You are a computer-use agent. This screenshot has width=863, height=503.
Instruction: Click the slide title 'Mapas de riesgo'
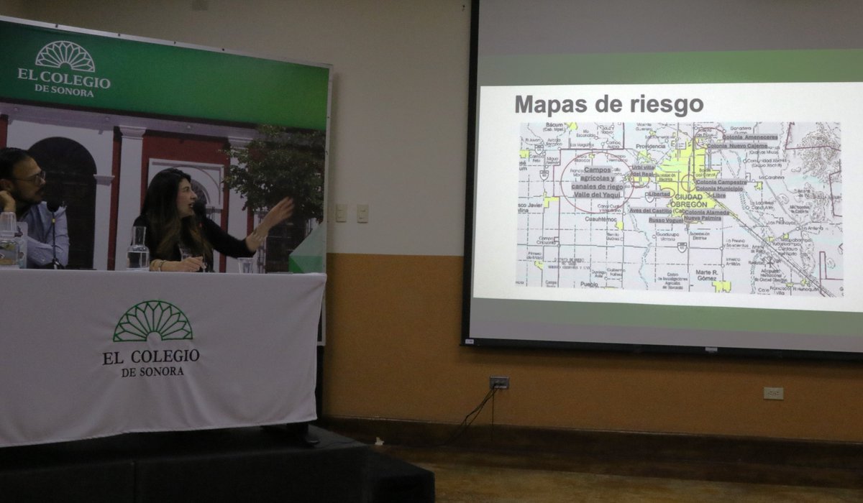[x=608, y=105]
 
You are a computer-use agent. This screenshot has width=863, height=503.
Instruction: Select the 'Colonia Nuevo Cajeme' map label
[x=736, y=146]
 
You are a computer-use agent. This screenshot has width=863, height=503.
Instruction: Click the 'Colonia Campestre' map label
[x=721, y=183]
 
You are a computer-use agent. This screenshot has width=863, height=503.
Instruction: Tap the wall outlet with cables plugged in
[x=498, y=382]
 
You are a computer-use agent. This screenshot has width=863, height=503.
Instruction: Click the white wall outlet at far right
[x=773, y=393]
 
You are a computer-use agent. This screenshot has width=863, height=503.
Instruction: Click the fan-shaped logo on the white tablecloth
[x=152, y=321]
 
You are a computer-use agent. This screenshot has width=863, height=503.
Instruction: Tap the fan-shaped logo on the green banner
[x=65, y=56]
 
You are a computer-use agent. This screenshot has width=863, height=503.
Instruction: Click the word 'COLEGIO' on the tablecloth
[x=168, y=356]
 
